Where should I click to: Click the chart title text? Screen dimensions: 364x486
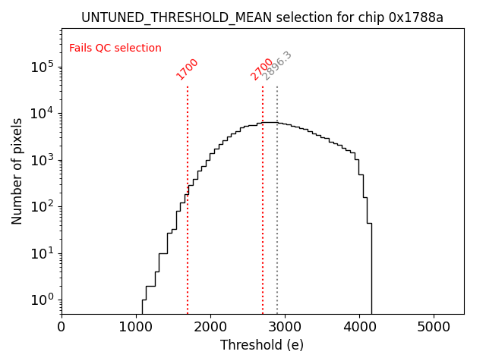click(x=262, y=17)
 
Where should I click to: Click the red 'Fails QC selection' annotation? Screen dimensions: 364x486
click(x=115, y=49)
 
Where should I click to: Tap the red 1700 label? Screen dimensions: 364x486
click(x=187, y=69)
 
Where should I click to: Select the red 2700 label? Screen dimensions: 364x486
click(x=261, y=69)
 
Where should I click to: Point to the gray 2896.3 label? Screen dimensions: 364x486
click(x=277, y=66)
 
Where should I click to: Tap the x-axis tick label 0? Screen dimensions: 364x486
click(x=62, y=326)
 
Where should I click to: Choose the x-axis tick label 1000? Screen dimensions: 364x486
click(x=136, y=326)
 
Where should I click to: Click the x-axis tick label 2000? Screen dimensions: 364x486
click(x=210, y=326)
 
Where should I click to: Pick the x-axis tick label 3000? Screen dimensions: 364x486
click(x=285, y=326)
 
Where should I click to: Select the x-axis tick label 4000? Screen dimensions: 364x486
click(x=359, y=326)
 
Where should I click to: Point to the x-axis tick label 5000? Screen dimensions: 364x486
click(x=434, y=326)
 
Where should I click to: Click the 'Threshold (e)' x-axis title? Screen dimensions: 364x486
click(x=262, y=345)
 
